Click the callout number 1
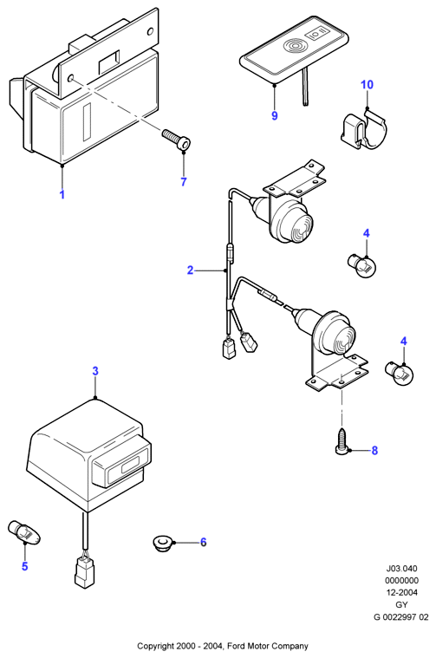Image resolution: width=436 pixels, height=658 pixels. (62, 195)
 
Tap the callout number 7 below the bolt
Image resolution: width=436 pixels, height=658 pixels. (184, 182)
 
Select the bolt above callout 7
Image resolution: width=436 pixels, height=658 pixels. (176, 140)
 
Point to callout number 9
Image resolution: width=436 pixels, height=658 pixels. (275, 115)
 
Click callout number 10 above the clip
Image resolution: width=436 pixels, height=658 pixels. (367, 84)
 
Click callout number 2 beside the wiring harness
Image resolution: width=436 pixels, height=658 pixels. (190, 270)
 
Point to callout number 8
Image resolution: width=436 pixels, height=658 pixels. (374, 450)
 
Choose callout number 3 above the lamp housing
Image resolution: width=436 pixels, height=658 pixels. (95, 371)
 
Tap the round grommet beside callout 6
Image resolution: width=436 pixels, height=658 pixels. (161, 544)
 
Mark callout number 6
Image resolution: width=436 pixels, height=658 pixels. (203, 542)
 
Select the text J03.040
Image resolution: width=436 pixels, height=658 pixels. (401, 569)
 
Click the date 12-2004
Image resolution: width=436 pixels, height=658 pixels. (401, 592)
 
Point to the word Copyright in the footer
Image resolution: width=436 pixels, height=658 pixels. (154, 646)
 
